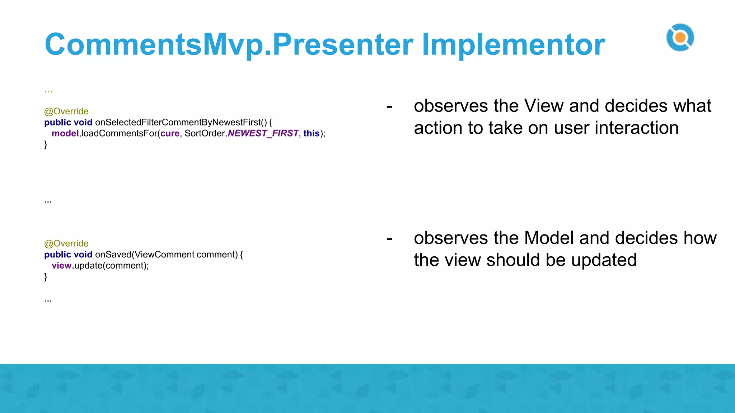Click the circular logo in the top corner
(680, 38)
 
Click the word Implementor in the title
(513, 45)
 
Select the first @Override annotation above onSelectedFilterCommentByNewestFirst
(66, 111)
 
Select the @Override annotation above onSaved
(66, 244)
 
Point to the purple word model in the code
(65, 134)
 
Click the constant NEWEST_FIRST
(263, 134)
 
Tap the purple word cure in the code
(170, 134)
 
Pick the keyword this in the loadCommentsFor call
(311, 134)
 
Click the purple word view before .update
(61, 266)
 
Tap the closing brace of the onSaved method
(46, 277)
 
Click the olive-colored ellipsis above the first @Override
(48, 91)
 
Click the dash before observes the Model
(389, 239)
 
